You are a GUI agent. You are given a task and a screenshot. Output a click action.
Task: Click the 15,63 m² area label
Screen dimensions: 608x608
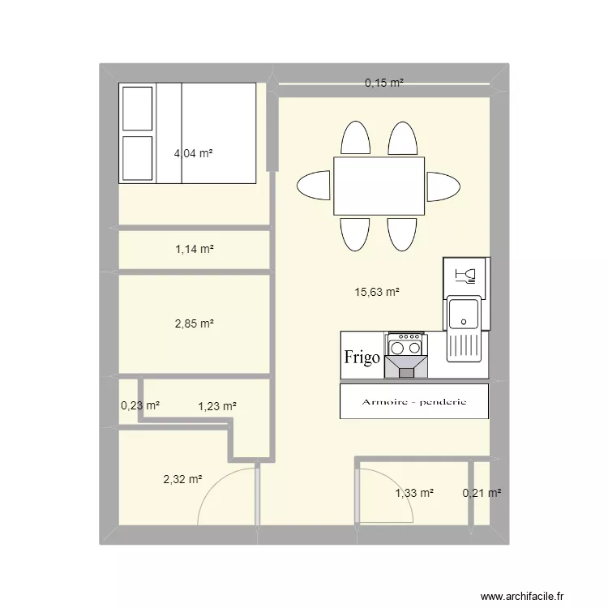[377, 292]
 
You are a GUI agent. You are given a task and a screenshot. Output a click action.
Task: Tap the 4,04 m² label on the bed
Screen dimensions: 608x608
[193, 153]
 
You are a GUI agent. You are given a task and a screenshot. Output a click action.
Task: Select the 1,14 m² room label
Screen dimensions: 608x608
[195, 249]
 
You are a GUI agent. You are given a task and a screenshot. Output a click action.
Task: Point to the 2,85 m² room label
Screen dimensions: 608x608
[195, 323]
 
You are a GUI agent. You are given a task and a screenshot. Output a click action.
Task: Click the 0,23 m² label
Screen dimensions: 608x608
[140, 405]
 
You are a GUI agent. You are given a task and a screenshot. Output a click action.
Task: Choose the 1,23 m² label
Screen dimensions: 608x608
[217, 406]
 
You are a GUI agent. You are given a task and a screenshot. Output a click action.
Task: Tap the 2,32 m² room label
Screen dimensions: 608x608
[182, 479]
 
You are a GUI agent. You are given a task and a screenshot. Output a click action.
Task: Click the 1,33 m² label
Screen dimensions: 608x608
[414, 493]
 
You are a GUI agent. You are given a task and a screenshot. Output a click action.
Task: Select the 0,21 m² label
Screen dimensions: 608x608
[482, 493]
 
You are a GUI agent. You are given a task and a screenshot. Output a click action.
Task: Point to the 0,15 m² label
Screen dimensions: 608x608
[384, 83]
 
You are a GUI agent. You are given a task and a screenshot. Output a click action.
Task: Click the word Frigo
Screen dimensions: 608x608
[362, 358]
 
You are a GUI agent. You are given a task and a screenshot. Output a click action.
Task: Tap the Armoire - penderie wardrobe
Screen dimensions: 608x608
[414, 401]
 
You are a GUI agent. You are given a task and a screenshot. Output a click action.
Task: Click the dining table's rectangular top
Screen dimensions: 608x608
[379, 186]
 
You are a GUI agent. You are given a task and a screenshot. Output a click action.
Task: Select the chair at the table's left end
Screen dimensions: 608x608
[313, 186]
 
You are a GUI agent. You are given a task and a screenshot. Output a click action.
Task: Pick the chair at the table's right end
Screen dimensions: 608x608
[443, 187]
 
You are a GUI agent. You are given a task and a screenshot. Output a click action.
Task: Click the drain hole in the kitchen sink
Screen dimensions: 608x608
[464, 322]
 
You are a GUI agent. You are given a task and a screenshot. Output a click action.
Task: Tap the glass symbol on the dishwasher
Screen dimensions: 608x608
[465, 276]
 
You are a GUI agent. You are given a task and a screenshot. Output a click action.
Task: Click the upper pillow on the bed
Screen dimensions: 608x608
[137, 109]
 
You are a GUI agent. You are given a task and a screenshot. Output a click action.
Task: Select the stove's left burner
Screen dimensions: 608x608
[397, 349]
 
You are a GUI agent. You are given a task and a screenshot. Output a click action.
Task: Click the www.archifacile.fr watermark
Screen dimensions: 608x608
[522, 596]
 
